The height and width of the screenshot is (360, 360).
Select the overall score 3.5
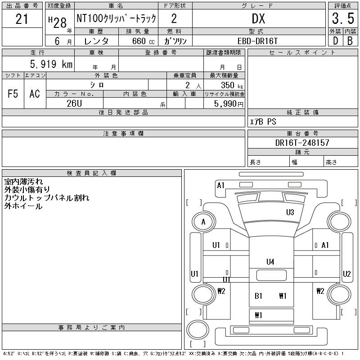pyautogui.click(x=342, y=19)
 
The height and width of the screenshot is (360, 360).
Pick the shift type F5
pyautogui.click(x=13, y=94)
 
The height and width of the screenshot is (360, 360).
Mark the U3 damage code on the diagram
pyautogui.click(x=290, y=212)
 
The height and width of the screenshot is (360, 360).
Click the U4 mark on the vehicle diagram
pyautogui.click(x=270, y=261)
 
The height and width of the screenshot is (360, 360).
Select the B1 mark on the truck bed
pyautogui.click(x=258, y=296)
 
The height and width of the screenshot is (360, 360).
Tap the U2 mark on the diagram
pyautogui.click(x=346, y=274)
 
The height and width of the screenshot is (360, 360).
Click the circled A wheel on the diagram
pyautogui.click(x=204, y=221)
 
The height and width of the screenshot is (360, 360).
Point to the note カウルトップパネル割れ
pyautogui.click(x=47, y=198)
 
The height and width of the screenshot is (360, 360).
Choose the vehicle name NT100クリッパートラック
pyautogui.click(x=116, y=19)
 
